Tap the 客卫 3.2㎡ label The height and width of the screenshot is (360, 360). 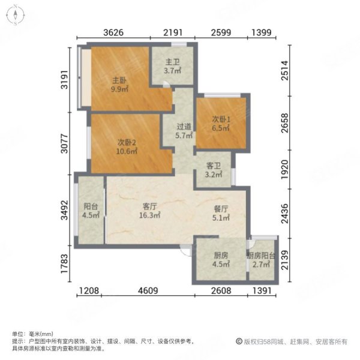coord(214,171)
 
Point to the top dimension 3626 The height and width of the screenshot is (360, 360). coord(114,33)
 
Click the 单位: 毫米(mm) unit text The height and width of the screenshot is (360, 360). coord(32,334)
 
